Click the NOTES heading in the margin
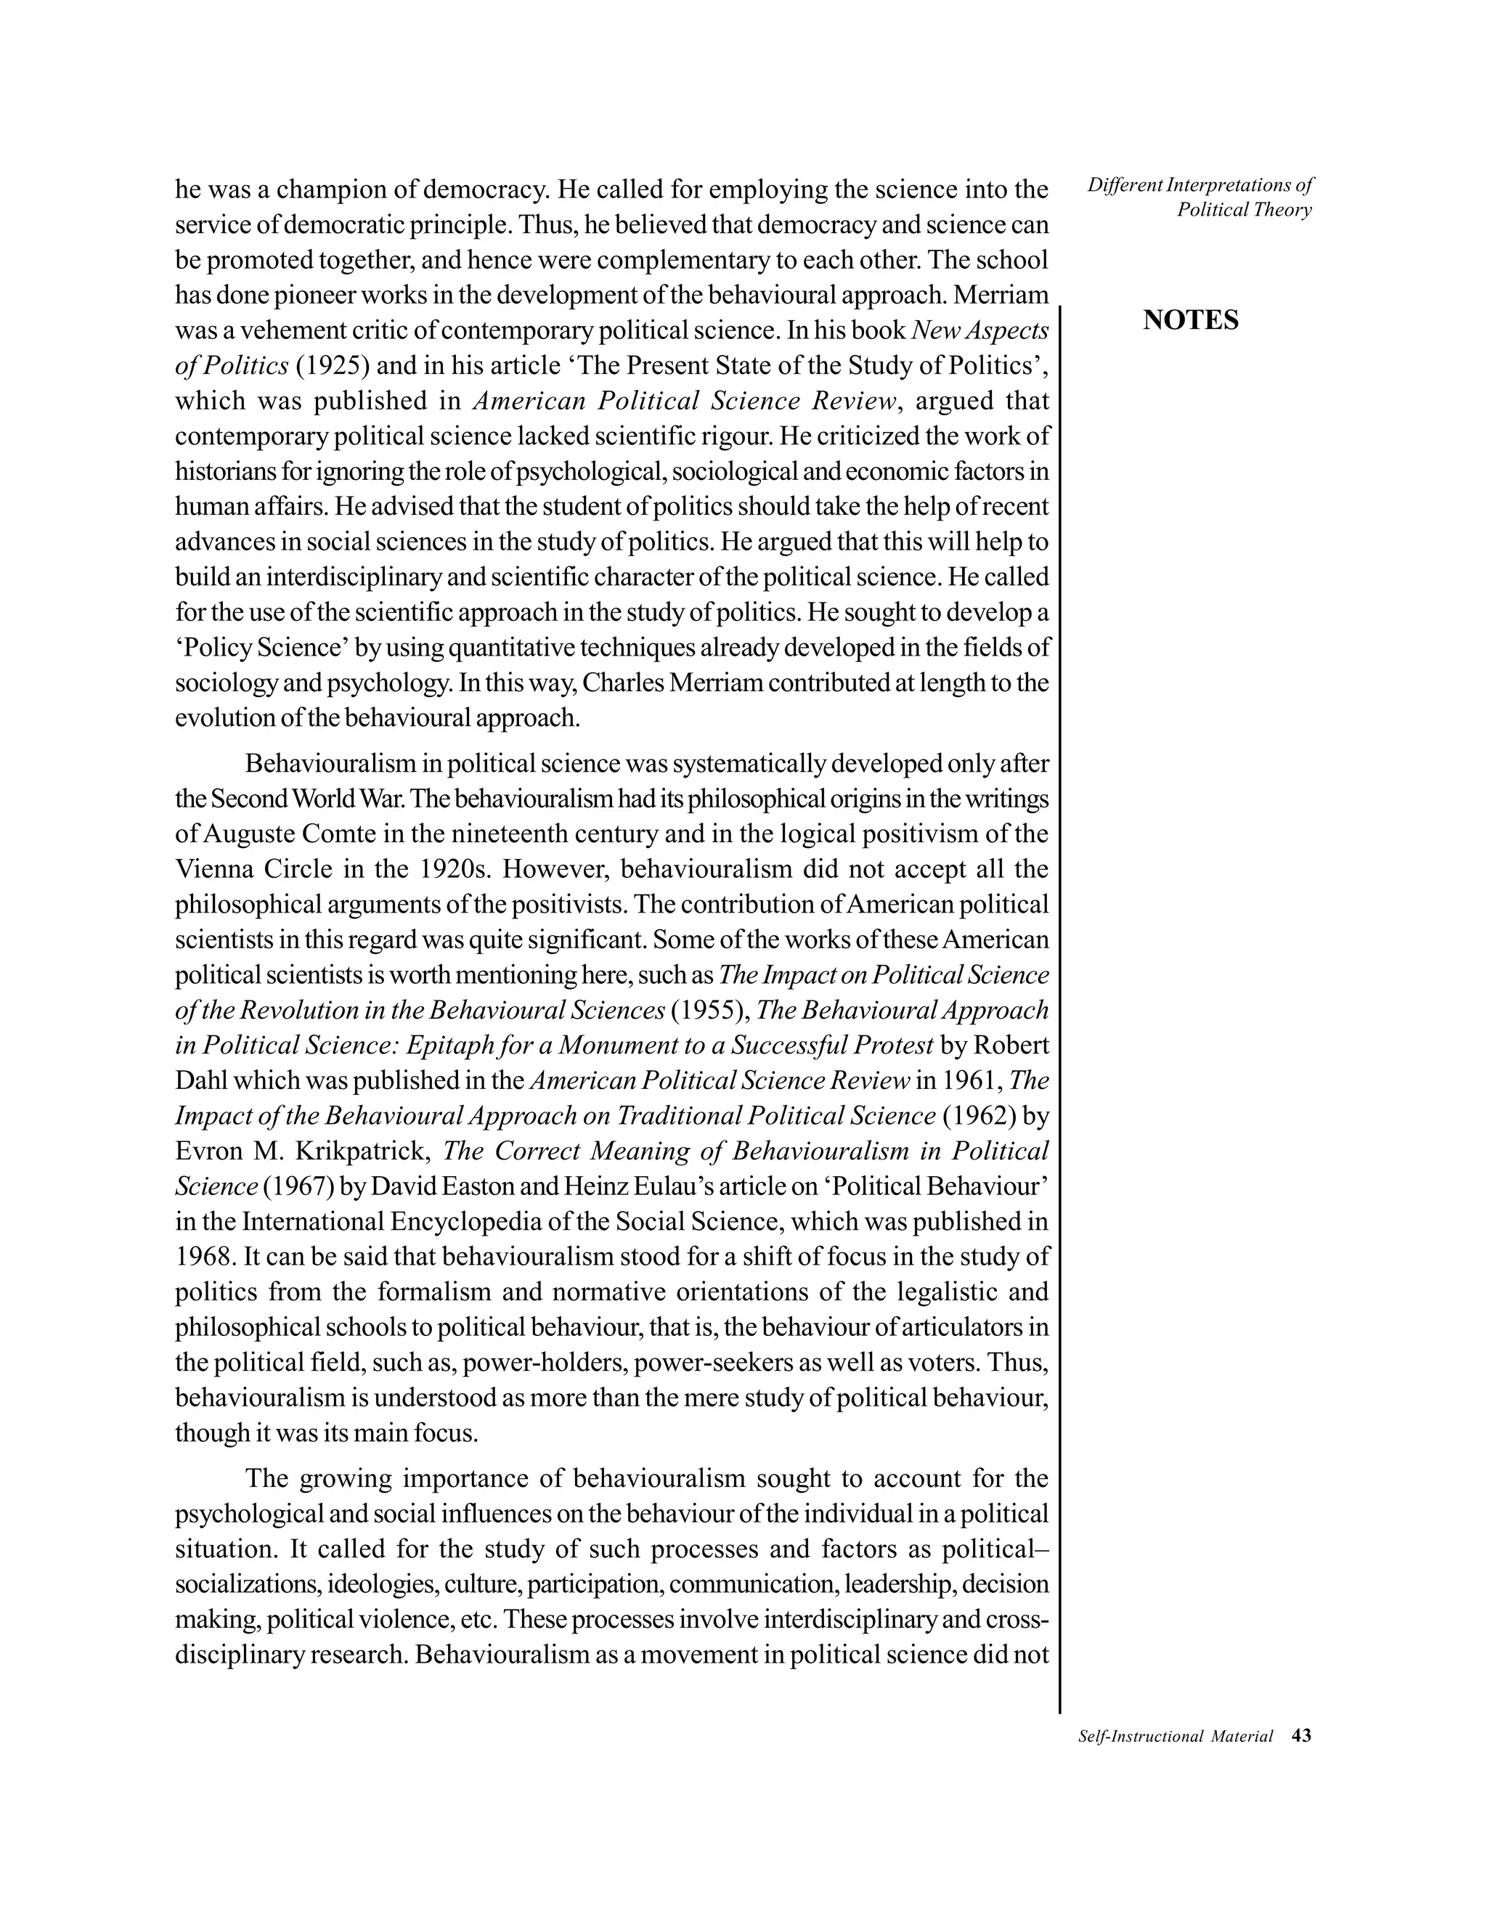[1190, 321]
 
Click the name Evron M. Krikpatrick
[304, 1151]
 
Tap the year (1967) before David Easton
[298, 1186]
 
